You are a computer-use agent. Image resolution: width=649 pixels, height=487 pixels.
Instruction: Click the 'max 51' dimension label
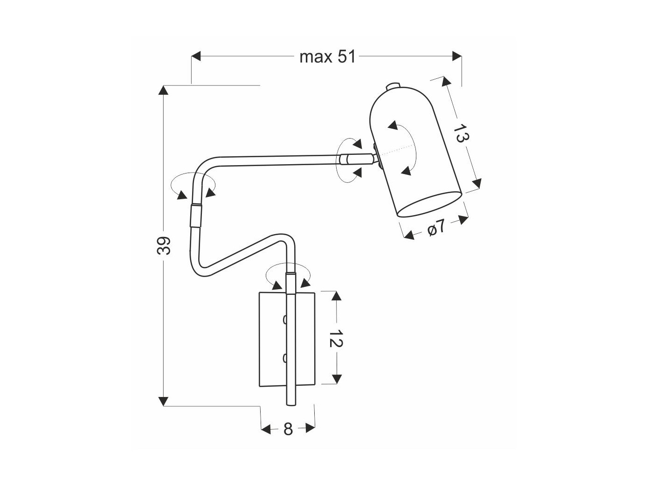click(x=327, y=57)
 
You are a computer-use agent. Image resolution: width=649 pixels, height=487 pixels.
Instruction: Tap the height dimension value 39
click(x=164, y=245)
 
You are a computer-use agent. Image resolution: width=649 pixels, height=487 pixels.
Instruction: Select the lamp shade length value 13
click(x=461, y=134)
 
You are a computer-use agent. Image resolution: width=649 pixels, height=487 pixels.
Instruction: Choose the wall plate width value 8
click(x=288, y=429)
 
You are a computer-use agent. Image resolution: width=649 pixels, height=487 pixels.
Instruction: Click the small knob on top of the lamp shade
click(x=394, y=86)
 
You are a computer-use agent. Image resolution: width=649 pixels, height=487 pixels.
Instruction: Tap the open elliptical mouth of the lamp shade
click(x=429, y=204)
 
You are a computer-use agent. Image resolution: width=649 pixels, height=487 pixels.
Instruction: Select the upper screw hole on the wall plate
click(x=285, y=320)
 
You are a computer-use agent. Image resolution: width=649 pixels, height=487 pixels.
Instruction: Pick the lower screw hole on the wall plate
click(x=285, y=358)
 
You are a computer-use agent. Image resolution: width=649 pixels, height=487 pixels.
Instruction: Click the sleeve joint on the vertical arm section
click(x=196, y=215)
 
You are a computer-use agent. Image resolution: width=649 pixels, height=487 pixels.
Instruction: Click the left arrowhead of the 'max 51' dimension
click(x=196, y=56)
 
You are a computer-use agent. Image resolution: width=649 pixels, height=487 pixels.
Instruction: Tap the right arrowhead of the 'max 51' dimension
click(x=457, y=56)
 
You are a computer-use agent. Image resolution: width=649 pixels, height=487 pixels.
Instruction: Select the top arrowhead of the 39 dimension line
click(x=164, y=90)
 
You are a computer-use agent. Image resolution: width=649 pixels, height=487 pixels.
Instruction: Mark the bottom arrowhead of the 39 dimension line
click(x=164, y=401)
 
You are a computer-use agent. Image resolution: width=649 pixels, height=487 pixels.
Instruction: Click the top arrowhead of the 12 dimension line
click(x=337, y=296)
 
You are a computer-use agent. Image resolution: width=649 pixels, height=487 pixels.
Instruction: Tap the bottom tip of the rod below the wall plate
click(x=291, y=404)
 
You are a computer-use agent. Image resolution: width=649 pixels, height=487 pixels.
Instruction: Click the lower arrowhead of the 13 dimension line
click(x=476, y=184)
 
